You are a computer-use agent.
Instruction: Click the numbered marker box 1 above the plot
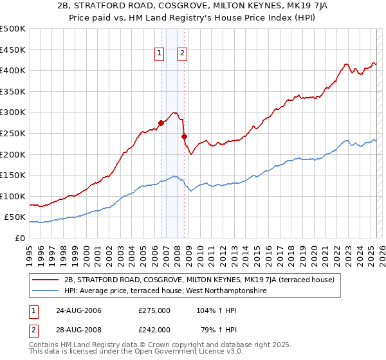coord(159,54)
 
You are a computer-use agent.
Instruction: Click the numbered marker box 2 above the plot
coord(182,54)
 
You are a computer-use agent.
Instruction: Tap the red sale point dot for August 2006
coord(161,123)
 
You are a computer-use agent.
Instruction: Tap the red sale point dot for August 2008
coord(184,136)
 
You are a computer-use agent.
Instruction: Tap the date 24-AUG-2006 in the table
coord(78,310)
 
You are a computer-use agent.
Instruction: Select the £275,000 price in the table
coord(154,310)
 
